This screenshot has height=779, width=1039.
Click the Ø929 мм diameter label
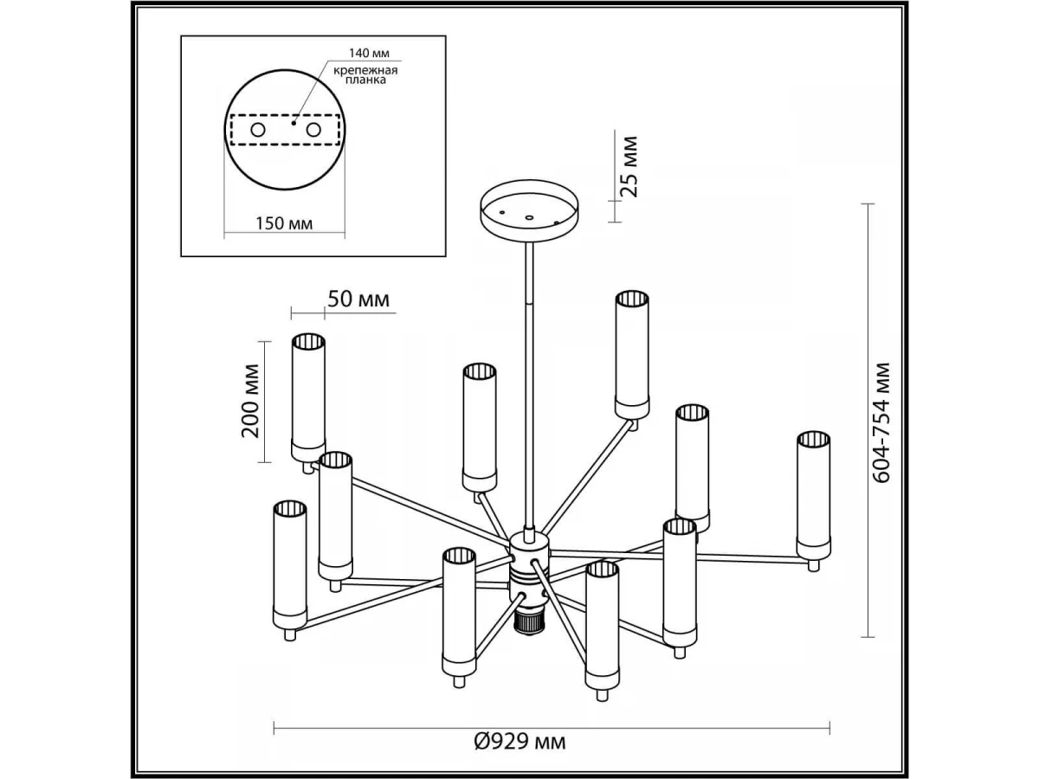519,742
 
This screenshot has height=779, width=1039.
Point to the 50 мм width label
358,299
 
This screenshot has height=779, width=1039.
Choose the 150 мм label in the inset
285,222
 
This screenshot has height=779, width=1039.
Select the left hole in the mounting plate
258,130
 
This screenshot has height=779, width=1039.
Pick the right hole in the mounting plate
313,130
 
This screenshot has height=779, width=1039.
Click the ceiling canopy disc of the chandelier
531,208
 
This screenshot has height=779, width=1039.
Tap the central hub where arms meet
528,567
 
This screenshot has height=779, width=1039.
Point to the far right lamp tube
813,493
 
